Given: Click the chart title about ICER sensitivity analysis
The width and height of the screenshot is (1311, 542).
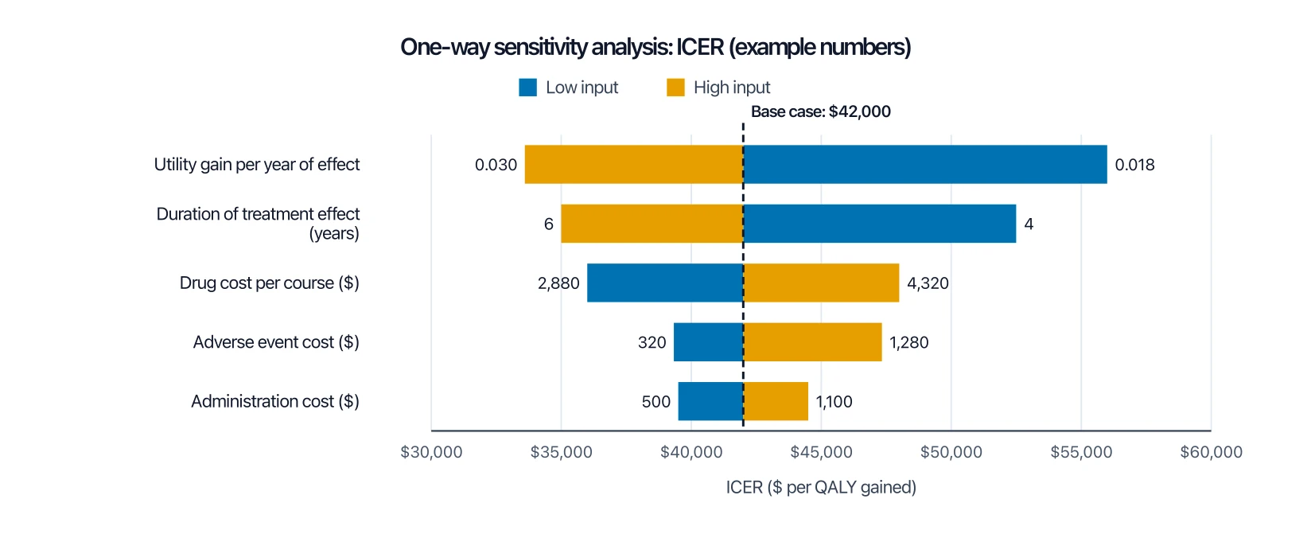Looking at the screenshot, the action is (655, 47).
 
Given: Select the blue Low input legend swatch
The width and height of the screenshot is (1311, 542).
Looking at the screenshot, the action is (527, 88).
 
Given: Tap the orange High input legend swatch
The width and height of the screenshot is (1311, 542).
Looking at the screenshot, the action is (675, 88).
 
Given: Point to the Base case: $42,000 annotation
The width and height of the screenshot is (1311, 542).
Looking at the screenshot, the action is (820, 111).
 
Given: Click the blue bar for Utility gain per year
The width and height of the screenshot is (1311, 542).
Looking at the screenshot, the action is (925, 165).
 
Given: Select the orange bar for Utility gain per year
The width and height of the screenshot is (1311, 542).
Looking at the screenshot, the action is (634, 165).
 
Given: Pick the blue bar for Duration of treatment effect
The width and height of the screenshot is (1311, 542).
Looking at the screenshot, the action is (880, 224).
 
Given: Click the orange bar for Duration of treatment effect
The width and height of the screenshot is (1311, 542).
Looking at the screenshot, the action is (652, 224).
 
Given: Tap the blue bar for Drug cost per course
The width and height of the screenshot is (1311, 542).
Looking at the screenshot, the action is (665, 283).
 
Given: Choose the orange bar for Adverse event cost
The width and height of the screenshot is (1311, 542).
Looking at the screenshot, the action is (812, 341).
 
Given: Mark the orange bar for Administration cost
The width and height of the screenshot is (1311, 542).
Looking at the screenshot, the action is (776, 401).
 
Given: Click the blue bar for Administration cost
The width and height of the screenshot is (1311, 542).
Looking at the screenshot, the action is (710, 401).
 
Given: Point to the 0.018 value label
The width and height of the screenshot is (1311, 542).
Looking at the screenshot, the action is (1134, 165).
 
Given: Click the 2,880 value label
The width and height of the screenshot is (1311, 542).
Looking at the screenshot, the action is (558, 283).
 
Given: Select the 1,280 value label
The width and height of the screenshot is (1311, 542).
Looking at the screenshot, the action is (909, 342).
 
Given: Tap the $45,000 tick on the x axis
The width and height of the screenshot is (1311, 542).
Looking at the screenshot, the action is (821, 452).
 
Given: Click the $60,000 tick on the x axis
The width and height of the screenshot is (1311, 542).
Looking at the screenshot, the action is (1211, 452).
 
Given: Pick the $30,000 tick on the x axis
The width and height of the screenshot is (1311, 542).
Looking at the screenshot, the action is (431, 452).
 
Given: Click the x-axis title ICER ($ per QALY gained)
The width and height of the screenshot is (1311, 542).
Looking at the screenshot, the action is (821, 487).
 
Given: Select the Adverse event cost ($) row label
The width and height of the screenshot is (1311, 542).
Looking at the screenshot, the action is (276, 341).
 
